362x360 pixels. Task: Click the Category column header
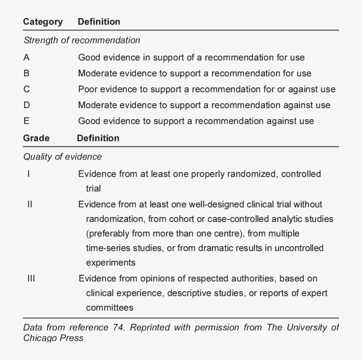[x=43, y=22]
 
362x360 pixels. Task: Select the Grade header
[x=36, y=138]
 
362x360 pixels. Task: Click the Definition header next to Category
[x=99, y=22]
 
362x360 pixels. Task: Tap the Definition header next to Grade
[x=98, y=138]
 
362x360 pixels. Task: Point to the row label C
[x=26, y=89]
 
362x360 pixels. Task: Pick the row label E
[x=26, y=121]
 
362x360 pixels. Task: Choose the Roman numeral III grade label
[x=30, y=279]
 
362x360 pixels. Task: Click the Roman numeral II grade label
[x=30, y=204]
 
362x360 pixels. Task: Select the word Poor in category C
[x=88, y=89]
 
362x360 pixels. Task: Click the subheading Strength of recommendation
[x=82, y=41]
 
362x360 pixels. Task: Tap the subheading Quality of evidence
[x=62, y=157]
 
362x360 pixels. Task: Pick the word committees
[x=109, y=307]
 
